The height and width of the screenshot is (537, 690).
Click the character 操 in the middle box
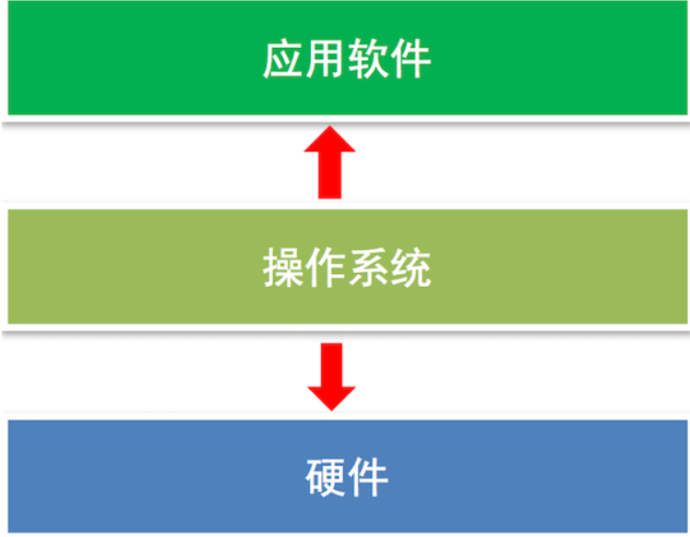[283, 268]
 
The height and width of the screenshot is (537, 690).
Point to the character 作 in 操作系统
[326, 268]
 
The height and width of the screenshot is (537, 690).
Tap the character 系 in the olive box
[368, 268]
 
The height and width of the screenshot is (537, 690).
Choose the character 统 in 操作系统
[410, 268]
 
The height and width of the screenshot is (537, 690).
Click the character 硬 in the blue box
[325, 479]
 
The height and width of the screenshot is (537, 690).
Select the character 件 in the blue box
[368, 479]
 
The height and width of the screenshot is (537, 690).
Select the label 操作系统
[347, 268]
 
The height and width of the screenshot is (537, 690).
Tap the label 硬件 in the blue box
[346, 479]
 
